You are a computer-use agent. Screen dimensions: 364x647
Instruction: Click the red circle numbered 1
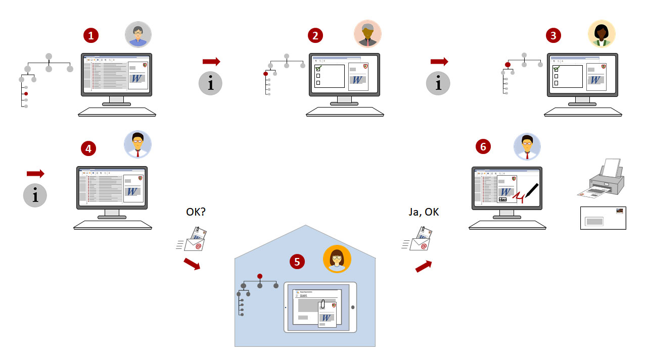point(91,35)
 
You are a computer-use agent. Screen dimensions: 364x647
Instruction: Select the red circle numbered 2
point(315,35)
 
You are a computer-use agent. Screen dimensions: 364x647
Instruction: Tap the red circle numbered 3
point(553,35)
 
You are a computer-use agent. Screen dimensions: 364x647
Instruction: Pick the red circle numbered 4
point(88,148)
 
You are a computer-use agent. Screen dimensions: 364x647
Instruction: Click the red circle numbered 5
point(297,261)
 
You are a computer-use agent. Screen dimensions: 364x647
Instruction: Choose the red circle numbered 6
point(483,146)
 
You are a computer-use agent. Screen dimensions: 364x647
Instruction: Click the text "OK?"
point(196,213)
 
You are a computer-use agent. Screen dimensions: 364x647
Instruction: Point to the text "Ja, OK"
point(424,213)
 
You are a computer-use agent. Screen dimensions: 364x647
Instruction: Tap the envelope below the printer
point(603,218)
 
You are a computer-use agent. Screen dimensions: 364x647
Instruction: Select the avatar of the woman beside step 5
point(337,259)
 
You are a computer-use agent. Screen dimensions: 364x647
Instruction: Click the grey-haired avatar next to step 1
point(138,34)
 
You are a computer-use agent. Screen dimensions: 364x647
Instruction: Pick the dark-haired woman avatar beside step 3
point(602,34)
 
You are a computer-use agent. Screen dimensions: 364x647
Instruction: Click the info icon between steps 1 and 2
point(211,83)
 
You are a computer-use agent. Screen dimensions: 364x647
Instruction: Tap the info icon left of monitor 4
point(35,195)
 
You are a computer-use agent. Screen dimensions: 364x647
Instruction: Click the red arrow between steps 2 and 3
point(439,62)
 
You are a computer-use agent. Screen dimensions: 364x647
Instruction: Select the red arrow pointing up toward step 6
point(424,266)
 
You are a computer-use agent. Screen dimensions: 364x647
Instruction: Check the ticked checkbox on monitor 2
point(318,68)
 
